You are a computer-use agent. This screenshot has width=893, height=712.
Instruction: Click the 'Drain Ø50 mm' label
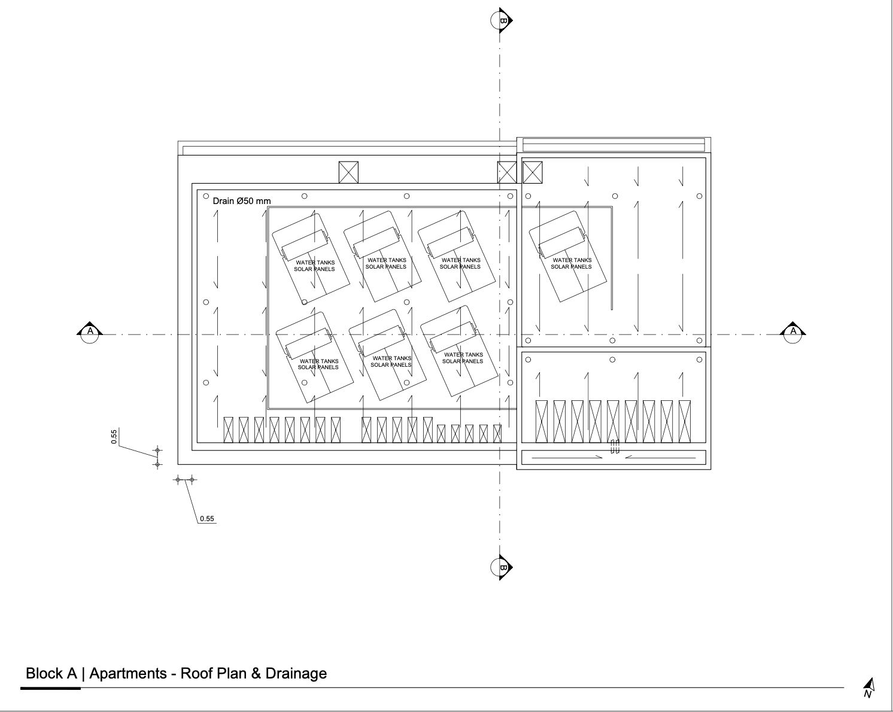242,201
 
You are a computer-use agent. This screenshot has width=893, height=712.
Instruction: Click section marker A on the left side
90,332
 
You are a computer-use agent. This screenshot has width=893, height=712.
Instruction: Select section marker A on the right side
793,332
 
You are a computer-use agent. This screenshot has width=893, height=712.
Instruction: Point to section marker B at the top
502,20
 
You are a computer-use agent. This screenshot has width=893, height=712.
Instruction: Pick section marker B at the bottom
502,567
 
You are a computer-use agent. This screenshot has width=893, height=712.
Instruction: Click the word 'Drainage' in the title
296,673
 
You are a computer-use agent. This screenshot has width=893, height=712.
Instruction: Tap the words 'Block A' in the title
51,673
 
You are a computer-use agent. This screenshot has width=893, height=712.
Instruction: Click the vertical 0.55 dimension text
114,437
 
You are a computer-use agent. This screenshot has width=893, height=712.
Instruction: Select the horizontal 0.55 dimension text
207,519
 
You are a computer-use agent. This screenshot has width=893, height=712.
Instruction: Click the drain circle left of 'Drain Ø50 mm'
205,196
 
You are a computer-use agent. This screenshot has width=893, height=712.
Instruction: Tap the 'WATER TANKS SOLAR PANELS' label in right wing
572,263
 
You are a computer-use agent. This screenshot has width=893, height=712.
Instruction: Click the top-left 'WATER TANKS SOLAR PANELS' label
315,266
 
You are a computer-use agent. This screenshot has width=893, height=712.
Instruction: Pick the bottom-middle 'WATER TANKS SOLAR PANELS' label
391,361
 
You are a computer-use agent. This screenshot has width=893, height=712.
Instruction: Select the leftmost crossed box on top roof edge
348,172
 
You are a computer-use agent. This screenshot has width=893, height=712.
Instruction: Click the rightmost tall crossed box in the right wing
685,422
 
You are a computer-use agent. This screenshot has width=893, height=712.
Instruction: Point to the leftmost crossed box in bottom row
228,430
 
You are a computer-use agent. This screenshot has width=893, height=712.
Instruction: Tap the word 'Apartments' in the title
128,674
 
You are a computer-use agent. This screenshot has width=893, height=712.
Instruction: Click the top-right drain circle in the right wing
699,196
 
